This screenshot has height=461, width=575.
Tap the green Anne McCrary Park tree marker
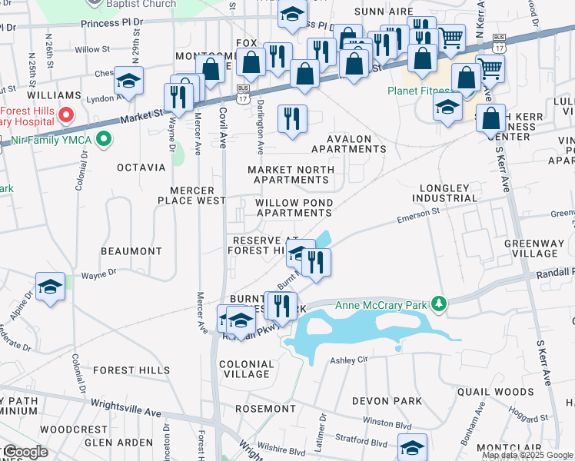point(439,304)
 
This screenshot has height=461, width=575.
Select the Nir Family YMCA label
point(48,140)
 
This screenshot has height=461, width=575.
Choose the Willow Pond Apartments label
point(294,207)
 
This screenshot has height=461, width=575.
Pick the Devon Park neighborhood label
point(387,401)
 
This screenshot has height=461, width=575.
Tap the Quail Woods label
point(505,391)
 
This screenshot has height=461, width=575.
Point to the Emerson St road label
point(417,216)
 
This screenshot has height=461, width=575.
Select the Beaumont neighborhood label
point(131,251)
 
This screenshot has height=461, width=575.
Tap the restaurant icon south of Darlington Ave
point(291,118)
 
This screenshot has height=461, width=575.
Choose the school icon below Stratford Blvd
point(412,447)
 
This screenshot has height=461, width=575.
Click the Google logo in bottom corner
point(25,452)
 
